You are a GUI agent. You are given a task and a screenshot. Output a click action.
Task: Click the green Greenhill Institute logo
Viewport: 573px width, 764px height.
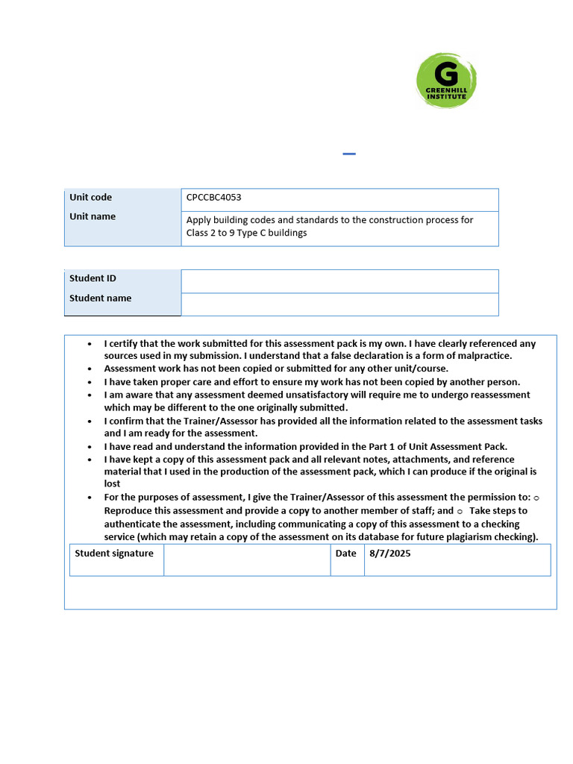pos(446,81)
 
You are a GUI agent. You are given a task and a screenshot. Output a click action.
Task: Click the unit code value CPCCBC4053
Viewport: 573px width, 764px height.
pos(213,198)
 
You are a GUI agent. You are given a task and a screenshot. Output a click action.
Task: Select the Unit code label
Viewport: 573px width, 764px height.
pos(90,198)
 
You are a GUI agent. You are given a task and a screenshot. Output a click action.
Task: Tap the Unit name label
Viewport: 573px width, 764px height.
pos(93,216)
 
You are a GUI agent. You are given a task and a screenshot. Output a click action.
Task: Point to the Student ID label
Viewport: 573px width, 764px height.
pos(93,278)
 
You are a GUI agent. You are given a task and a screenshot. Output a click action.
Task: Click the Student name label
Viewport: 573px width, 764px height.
pos(100,298)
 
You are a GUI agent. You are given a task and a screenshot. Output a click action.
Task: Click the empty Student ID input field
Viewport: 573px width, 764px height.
pos(339,281)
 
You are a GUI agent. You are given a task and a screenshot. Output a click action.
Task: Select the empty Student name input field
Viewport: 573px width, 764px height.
pos(339,304)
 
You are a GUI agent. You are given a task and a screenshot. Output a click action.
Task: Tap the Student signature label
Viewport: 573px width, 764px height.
pos(114,554)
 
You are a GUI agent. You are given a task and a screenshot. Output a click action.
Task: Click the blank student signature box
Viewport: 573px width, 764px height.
pos(247,560)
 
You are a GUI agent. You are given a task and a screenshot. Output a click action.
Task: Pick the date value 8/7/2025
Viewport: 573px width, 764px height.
pos(389,554)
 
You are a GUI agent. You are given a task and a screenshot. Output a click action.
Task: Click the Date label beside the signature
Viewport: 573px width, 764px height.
pos(346,554)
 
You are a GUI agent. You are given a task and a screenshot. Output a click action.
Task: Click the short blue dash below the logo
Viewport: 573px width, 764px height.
pos(349,154)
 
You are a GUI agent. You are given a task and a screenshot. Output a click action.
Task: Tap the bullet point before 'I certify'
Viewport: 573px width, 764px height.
pos(90,344)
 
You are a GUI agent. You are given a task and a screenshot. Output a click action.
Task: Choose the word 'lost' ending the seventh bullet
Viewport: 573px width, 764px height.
pos(112,483)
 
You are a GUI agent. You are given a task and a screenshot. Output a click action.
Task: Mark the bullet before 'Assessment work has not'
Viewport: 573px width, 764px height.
pos(90,369)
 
